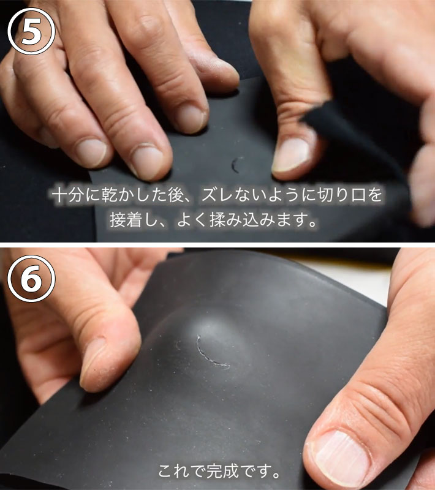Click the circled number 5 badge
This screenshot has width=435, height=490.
coord(31,31)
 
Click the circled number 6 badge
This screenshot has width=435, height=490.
coord(31,279)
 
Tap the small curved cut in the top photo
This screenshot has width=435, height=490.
coord(235,165)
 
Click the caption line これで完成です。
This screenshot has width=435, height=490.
coord(219,471)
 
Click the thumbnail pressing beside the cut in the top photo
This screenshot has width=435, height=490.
coord(292,156)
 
